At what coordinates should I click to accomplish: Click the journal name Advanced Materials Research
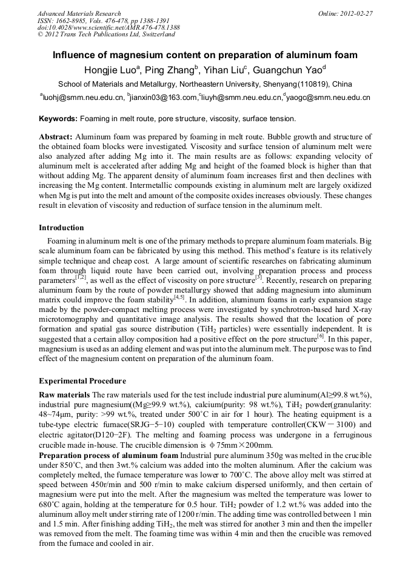coord(79,13)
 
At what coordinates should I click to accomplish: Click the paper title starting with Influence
coord(205,55)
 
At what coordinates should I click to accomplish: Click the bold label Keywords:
coord(58,119)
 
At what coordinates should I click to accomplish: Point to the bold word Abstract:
coord(56,138)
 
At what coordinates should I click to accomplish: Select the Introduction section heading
coord(61,228)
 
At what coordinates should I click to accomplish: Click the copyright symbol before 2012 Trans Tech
coord(40,35)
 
